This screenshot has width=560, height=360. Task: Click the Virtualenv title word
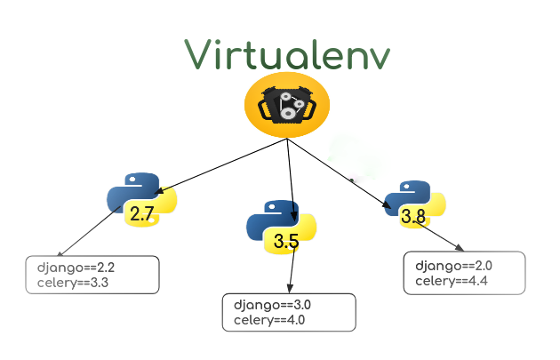[x=286, y=55]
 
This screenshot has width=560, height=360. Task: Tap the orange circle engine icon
[x=286, y=106]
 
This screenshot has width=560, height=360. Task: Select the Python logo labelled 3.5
[x=281, y=227]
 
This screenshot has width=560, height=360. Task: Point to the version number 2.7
[x=142, y=213]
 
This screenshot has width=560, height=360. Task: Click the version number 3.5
[x=286, y=241]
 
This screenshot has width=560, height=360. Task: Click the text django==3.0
[x=272, y=306]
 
